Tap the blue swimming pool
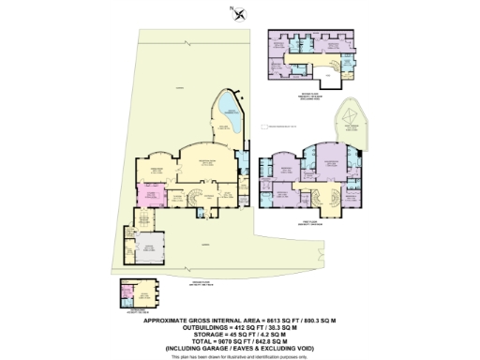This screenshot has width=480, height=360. coord(227,116)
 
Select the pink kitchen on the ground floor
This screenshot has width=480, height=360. coord(150,196)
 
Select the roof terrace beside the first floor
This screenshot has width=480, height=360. coord(352,124)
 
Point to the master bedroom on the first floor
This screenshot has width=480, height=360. coord(330,167)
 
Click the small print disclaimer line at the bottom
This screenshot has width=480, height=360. coord(240,357)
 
